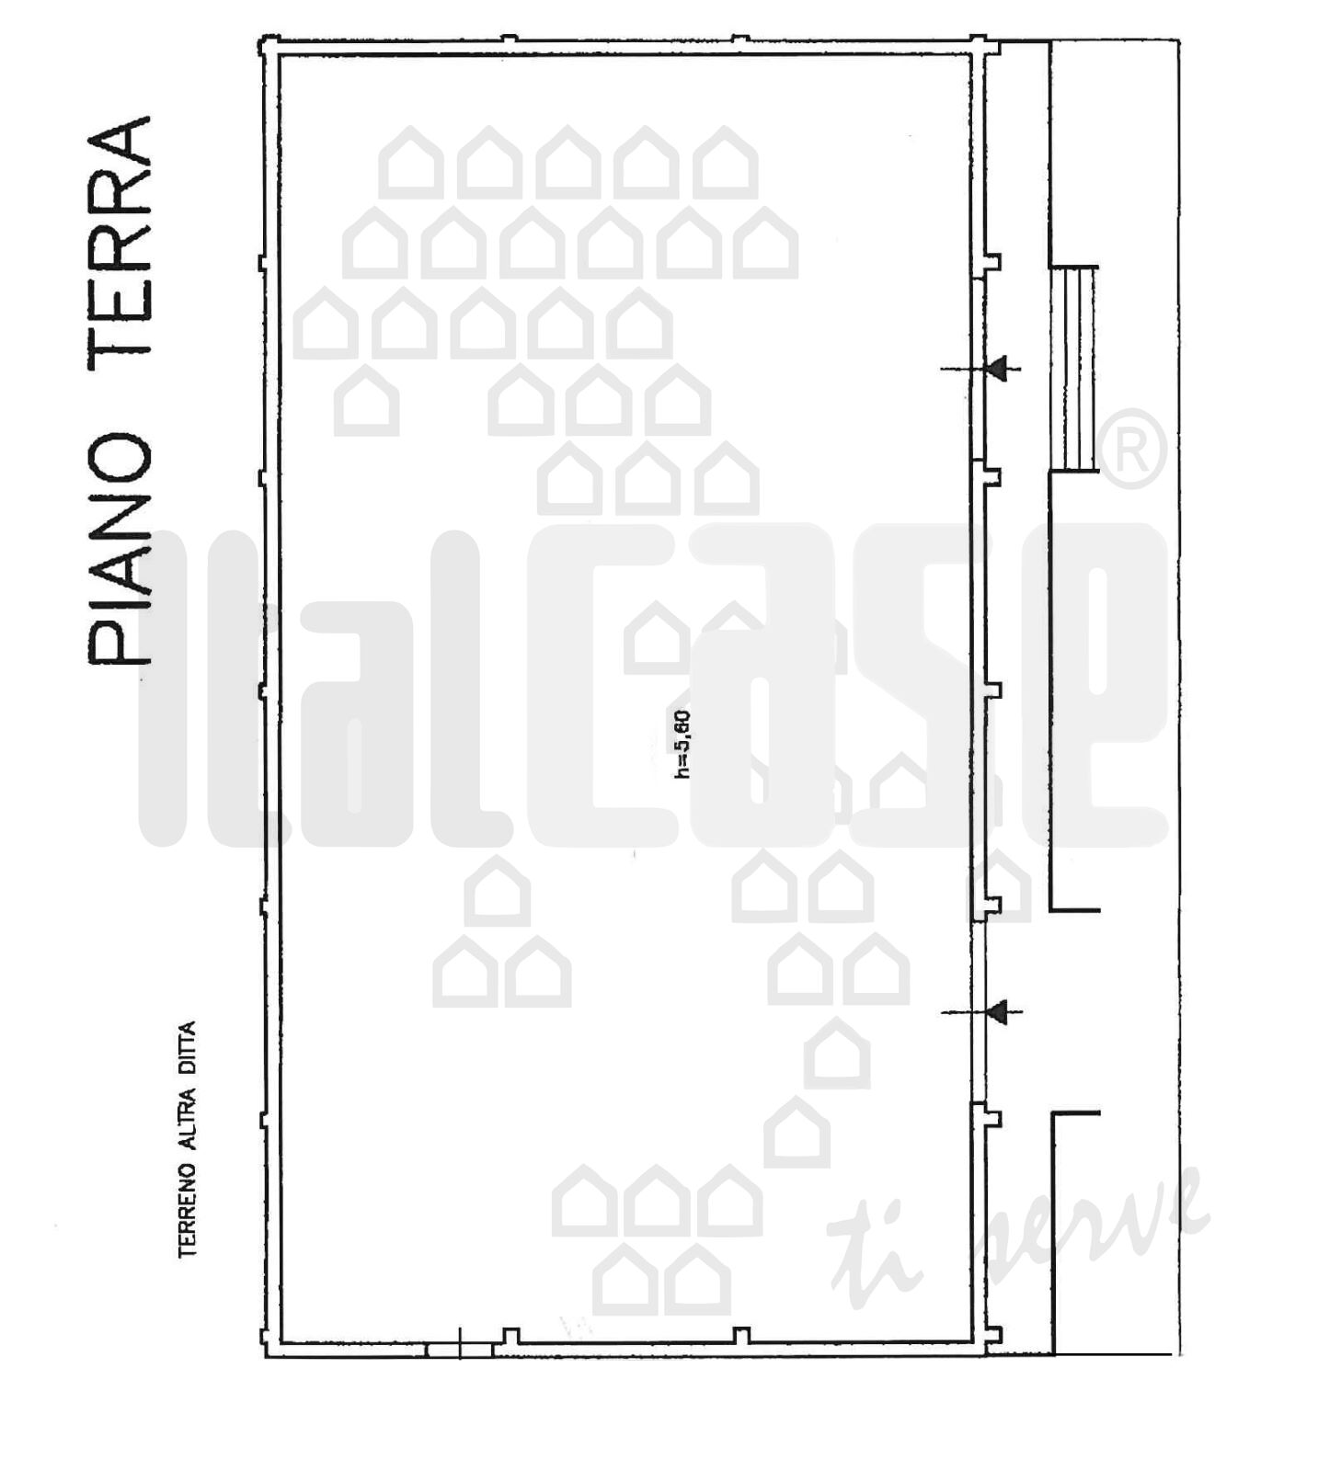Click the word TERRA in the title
(120, 245)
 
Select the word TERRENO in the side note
(189, 1212)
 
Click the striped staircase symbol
(1074, 370)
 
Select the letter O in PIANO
(120, 460)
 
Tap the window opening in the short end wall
(459, 1349)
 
